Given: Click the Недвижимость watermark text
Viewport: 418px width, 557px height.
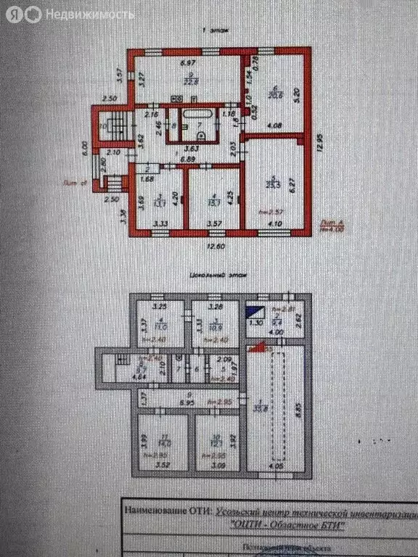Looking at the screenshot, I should pos(89,15).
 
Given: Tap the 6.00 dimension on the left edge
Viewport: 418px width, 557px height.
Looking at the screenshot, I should pos(85,149).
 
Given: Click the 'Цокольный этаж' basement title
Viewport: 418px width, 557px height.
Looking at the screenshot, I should pos(210,276).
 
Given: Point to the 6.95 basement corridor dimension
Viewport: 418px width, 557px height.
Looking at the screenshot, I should pos(187,400).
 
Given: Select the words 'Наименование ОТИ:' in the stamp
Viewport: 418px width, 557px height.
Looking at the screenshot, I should pos(168,511).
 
